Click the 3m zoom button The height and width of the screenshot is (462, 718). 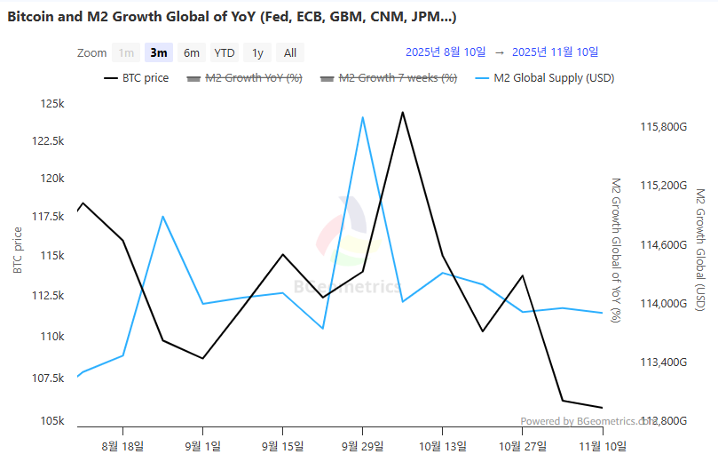[x=160, y=52]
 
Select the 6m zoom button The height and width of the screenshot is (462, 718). [x=192, y=52]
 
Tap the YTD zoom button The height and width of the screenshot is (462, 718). [x=225, y=52]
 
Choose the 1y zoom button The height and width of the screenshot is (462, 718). [x=257, y=52]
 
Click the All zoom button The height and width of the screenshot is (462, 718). [x=290, y=52]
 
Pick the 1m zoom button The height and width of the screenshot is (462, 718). [x=127, y=52]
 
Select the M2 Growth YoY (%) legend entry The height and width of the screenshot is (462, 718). [x=244, y=78]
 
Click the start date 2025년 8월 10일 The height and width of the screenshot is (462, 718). [x=446, y=52]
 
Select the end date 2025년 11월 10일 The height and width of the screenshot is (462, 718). [x=556, y=52]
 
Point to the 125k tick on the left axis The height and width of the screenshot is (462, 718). [x=52, y=104]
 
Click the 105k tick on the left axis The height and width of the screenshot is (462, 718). [x=52, y=420]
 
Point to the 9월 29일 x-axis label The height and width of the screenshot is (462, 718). [x=362, y=445]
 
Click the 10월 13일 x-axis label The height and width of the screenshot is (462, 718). [x=442, y=445]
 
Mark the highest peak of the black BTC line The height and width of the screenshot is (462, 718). [x=402, y=112]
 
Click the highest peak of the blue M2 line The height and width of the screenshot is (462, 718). [x=362, y=116]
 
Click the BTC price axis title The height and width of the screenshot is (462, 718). [x=18, y=251]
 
